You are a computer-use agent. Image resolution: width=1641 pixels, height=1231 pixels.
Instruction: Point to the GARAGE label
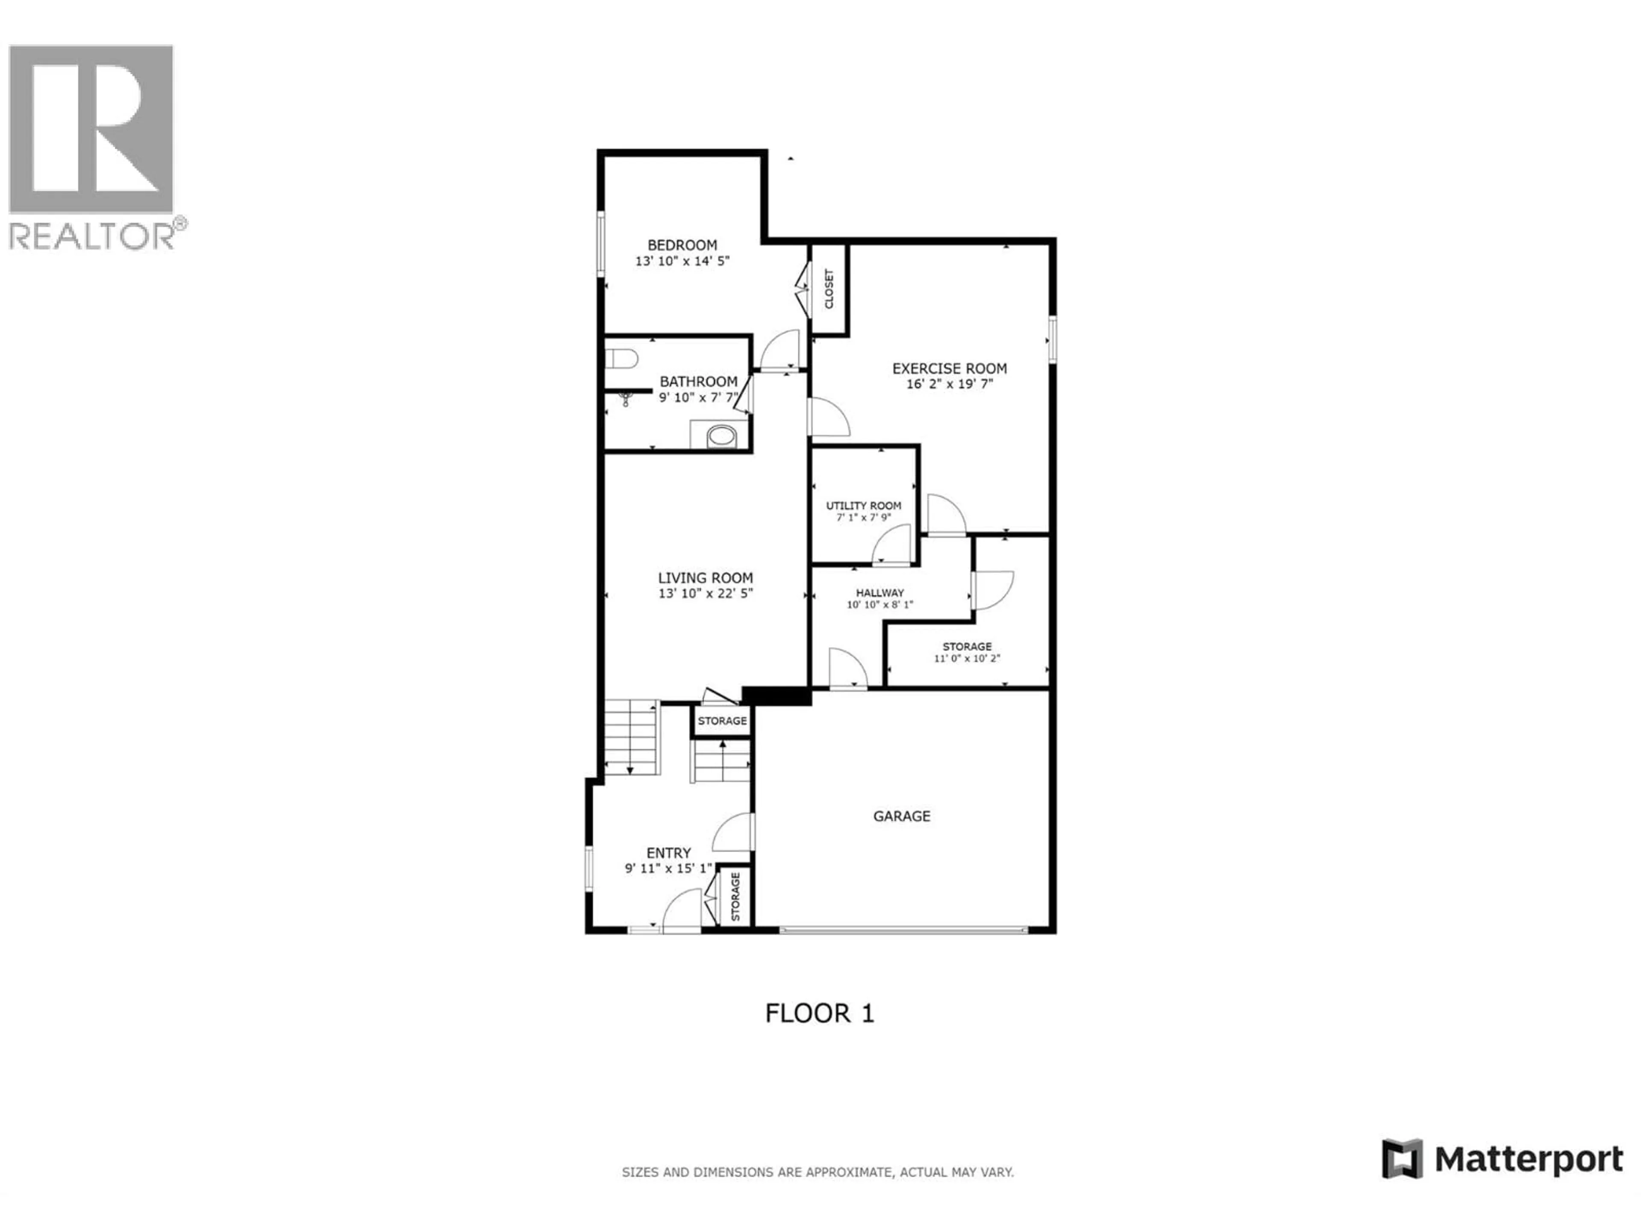point(901,816)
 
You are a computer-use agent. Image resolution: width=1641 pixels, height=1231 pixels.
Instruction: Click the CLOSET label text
point(829,289)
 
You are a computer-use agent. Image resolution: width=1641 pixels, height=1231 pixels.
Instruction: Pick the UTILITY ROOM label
point(864,505)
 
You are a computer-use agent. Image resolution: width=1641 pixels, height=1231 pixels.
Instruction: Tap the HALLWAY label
point(880,593)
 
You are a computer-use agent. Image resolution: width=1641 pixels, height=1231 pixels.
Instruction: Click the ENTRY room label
point(668,853)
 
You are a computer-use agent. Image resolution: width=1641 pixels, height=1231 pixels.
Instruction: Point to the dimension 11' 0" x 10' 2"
point(967,658)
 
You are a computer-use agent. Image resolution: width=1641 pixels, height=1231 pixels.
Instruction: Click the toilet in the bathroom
point(622,359)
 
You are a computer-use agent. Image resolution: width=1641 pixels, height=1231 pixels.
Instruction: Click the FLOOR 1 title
point(819,1013)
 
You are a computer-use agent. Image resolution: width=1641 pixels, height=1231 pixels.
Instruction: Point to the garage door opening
point(903,928)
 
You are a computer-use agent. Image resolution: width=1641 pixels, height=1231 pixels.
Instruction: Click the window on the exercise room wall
point(1052,340)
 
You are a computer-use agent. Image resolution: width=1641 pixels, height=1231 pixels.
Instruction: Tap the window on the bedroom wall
point(601,244)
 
